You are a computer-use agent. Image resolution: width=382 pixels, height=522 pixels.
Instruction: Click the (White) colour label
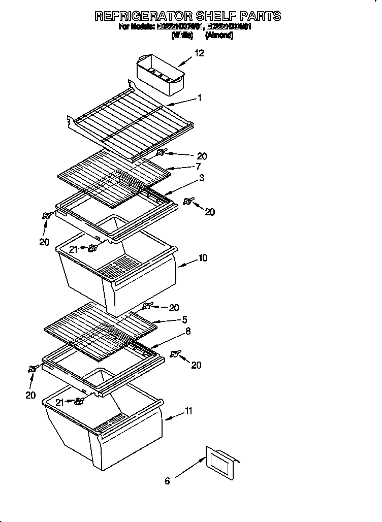tap(182, 36)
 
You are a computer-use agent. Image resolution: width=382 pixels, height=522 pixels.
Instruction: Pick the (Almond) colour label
tap(219, 36)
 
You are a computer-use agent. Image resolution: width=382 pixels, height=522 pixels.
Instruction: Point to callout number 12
tap(199, 53)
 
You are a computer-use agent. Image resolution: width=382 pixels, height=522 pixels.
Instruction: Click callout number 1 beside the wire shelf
tap(200, 98)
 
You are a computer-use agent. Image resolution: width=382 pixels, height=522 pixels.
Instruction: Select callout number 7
tap(198, 166)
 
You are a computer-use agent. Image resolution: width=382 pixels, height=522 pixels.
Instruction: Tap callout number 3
tap(202, 178)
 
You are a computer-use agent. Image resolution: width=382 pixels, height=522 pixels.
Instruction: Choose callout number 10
tap(203, 258)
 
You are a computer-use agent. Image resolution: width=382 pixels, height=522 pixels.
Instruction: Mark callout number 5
tap(185, 319)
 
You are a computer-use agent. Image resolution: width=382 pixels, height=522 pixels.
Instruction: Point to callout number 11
tap(188, 412)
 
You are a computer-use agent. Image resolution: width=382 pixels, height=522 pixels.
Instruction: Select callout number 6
tap(167, 481)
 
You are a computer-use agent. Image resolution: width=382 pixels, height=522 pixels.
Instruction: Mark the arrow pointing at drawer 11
tap(173, 417)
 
